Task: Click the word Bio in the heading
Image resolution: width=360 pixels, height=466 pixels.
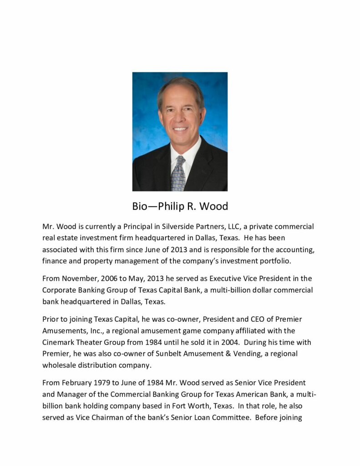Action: [x=141, y=207]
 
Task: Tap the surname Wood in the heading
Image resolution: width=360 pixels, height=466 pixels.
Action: [x=213, y=207]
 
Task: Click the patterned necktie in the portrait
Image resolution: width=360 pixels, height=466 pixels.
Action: [x=178, y=173]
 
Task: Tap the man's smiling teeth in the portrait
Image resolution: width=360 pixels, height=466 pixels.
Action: [x=180, y=129]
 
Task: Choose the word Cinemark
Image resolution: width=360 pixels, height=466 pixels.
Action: [x=60, y=342]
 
